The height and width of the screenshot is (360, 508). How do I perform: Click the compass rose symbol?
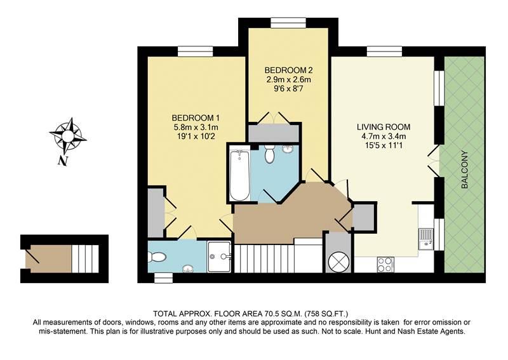(68, 136)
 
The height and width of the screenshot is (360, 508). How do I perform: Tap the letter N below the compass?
(63, 161)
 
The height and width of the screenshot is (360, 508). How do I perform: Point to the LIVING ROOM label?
(384, 127)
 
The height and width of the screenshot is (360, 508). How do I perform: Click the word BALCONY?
(465, 170)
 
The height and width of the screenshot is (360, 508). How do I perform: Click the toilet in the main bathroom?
(269, 154)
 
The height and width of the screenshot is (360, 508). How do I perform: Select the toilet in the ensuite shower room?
(157, 257)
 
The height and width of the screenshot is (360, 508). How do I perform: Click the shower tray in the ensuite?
(219, 257)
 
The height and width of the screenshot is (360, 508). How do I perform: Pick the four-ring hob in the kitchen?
(385, 264)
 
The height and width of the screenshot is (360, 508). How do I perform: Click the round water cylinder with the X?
(338, 262)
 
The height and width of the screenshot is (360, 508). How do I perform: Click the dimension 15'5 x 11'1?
(384, 145)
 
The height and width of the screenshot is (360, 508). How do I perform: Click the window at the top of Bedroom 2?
(288, 23)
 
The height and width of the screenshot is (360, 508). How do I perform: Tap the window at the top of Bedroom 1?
(196, 51)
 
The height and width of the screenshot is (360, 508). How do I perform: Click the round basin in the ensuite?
(187, 269)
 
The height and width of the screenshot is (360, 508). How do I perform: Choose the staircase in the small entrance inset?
(85, 258)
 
